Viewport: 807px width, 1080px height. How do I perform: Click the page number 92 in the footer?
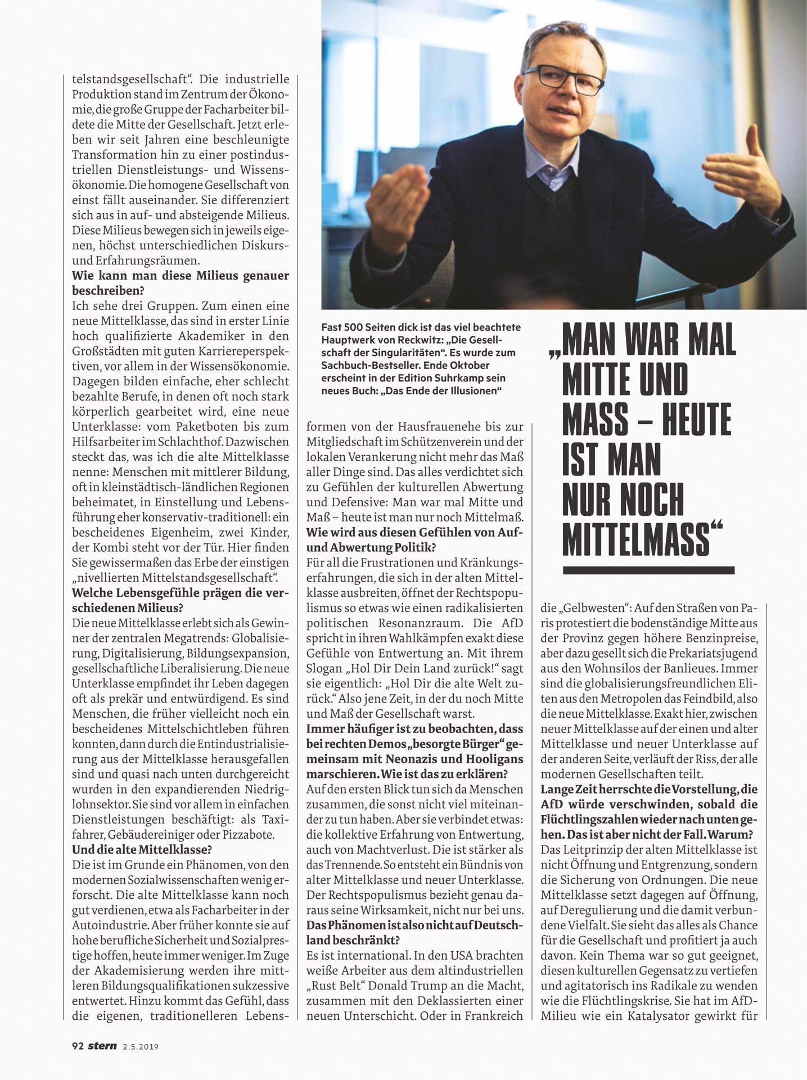point(78,1046)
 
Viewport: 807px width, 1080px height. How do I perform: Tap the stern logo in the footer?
point(102,1046)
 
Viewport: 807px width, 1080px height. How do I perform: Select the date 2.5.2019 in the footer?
point(141,1047)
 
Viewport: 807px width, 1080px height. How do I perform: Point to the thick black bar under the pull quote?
point(648,570)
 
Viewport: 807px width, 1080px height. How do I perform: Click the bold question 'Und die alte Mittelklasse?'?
point(142,849)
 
